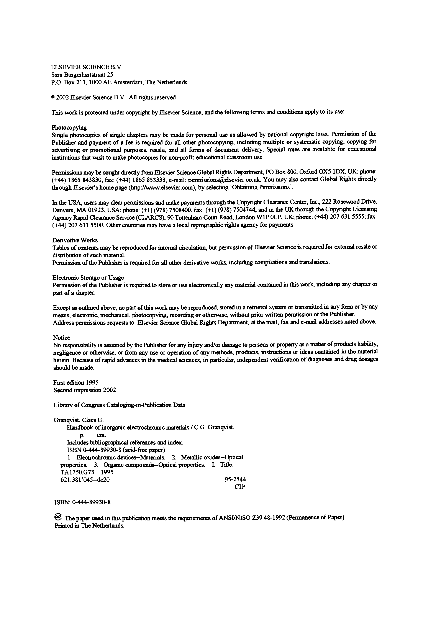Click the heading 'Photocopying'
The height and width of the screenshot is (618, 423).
[69, 128]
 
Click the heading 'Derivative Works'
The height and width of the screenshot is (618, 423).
[75, 240]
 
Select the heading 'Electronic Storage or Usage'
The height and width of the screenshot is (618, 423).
[88, 278]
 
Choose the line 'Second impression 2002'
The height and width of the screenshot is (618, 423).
[85, 390]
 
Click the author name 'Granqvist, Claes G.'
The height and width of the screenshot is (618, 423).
[79, 420]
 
